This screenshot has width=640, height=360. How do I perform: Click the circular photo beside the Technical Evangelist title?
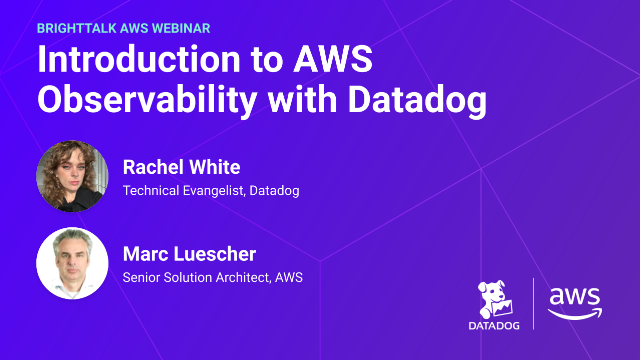coord(72,176)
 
